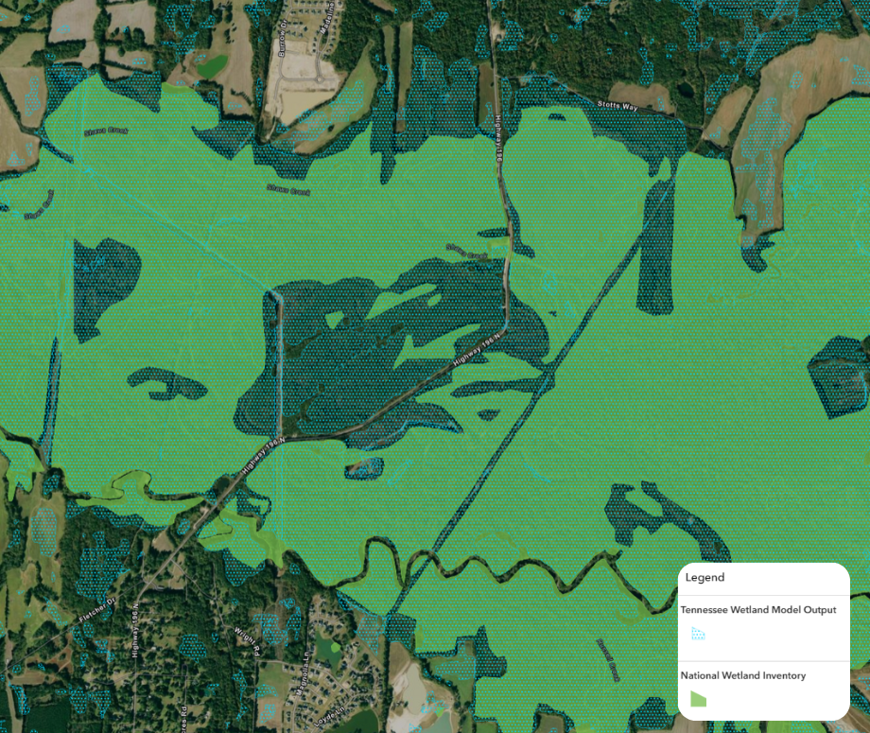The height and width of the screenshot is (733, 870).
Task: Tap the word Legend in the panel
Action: coord(705,577)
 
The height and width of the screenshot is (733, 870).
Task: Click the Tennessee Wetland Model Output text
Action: coord(758,610)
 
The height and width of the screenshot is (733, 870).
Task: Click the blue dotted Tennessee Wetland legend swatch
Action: coord(698,634)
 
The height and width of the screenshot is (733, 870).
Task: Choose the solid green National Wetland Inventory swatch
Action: coord(698,699)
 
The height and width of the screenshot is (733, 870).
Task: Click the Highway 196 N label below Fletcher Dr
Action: coord(136,632)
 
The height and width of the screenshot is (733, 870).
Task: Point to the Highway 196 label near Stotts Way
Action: coord(498,142)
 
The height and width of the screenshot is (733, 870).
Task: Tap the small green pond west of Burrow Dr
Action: coord(212,66)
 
